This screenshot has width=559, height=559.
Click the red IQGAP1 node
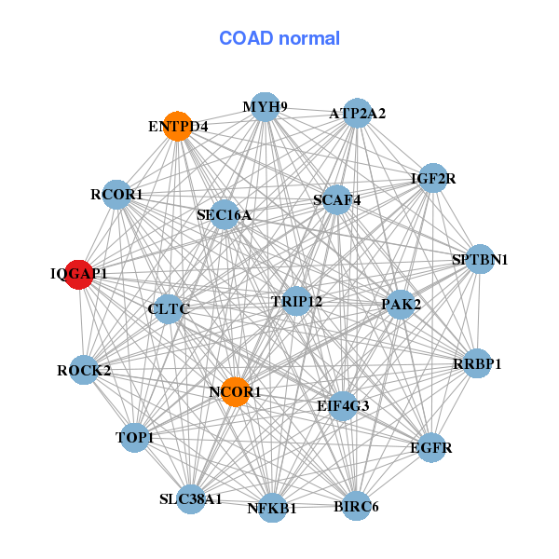tap(79, 275)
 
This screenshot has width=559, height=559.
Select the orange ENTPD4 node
tap(177, 125)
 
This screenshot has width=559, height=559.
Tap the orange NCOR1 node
tap(236, 392)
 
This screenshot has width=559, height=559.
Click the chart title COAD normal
tap(279, 39)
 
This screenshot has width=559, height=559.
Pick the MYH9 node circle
tap(266, 107)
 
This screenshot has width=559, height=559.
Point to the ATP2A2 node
tap(358, 114)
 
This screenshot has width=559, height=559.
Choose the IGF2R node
tap(433, 177)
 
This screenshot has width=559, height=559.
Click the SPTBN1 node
tap(479, 259)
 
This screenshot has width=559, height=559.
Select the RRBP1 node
tap(477, 364)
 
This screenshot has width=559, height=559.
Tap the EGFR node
tap(431, 447)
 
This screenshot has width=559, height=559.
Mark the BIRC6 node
tap(356, 507)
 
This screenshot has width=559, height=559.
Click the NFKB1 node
tap(272, 508)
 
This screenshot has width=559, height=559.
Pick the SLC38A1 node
tap(191, 498)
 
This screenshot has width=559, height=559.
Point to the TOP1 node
tap(135, 437)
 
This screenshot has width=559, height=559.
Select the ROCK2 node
tap(84, 370)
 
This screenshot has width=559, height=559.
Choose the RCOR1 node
tap(116, 195)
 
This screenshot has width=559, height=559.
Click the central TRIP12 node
tap(296, 301)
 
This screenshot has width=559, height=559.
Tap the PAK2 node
tap(401, 304)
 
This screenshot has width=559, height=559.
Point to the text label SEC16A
tap(224, 215)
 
